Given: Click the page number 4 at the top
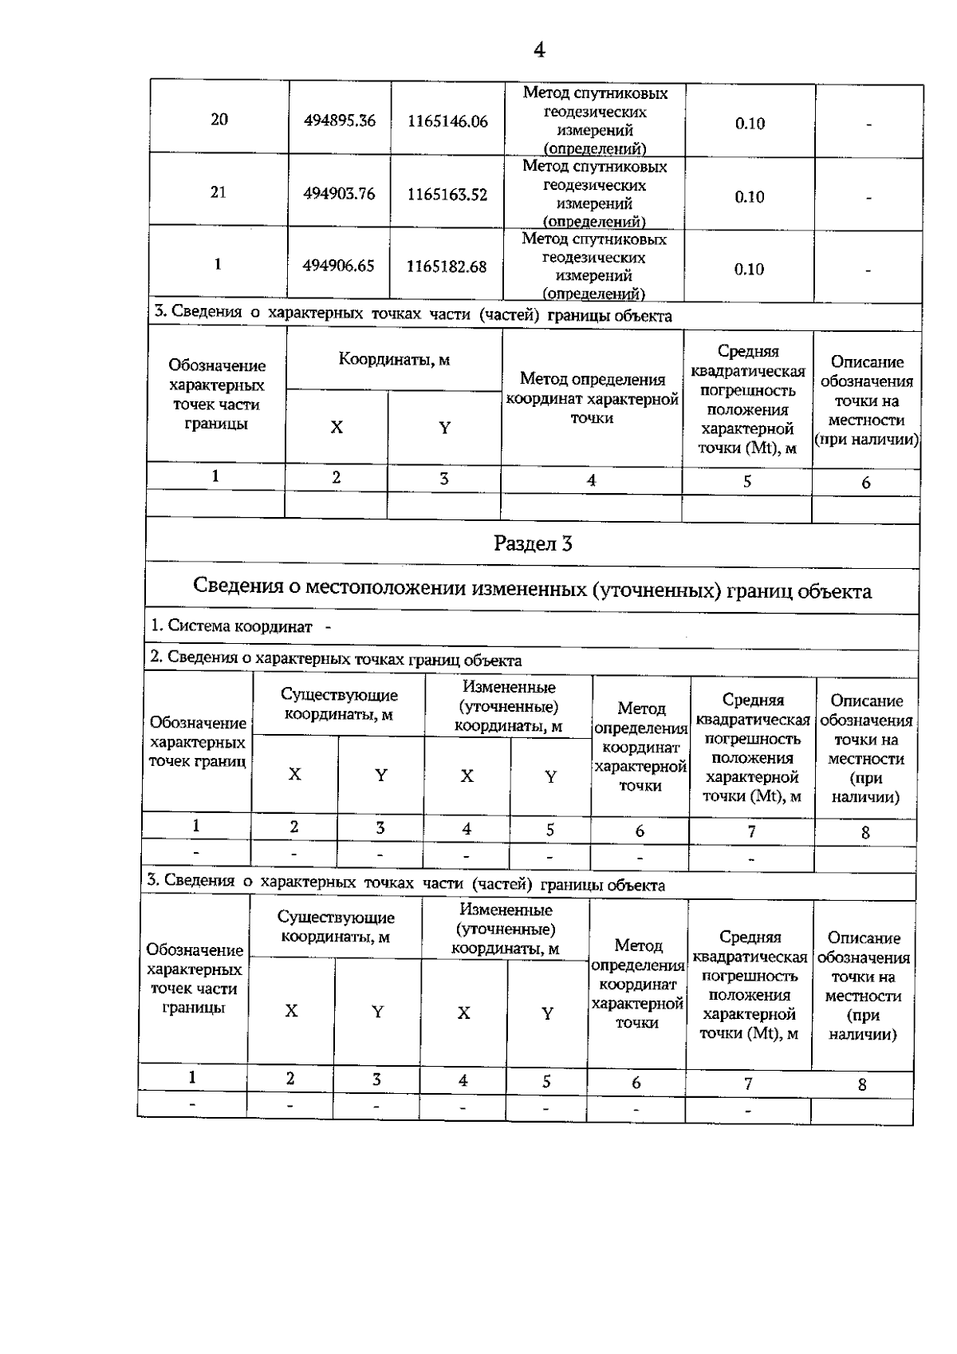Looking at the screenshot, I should coord(539,50).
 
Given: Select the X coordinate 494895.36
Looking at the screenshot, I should coord(339,121).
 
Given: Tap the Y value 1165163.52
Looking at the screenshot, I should coord(447,195).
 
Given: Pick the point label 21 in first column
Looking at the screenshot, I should coord(218,192).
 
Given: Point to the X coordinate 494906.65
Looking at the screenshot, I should coord(338,266).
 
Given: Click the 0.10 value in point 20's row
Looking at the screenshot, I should coord(750,123).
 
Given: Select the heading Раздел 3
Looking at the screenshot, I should coord(533,544).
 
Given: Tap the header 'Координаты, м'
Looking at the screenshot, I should coord(394,360).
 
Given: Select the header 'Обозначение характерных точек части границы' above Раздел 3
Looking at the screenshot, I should coord(216,394).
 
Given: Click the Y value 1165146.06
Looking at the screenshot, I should coord(447,121).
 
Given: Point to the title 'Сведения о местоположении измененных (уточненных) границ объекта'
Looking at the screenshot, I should coord(532,590).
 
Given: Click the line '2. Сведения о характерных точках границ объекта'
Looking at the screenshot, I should coord(336,660).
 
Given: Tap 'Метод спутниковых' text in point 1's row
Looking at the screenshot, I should coord(594,239).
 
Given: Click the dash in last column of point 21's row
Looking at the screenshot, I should coord(868,197).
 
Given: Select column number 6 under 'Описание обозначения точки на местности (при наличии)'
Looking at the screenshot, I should coord(866,483).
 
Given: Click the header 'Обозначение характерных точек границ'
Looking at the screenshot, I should coord(197,742).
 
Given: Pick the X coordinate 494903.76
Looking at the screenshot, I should coord(339,194).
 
